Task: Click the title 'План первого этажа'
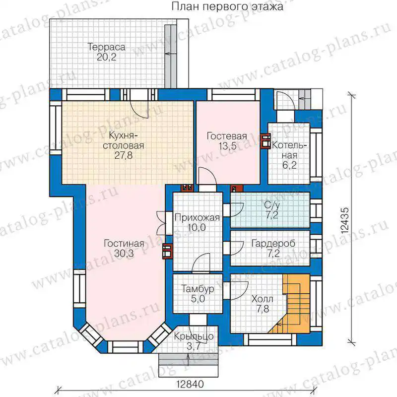click(x=227, y=6)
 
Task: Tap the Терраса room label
click(x=106, y=47)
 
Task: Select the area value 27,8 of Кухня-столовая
click(x=123, y=155)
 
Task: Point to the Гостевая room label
click(x=227, y=136)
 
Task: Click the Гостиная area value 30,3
click(x=124, y=253)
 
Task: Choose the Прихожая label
click(x=197, y=218)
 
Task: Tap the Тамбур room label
click(x=198, y=289)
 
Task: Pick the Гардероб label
click(x=273, y=244)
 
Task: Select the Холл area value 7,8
click(x=263, y=309)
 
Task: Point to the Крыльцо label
click(x=194, y=336)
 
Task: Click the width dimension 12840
click(x=190, y=384)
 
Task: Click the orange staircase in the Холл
click(x=294, y=303)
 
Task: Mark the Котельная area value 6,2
click(x=289, y=165)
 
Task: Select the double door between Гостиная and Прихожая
click(x=162, y=223)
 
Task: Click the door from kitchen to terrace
click(x=138, y=109)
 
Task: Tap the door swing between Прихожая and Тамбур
click(x=201, y=264)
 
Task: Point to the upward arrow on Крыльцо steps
click(x=188, y=360)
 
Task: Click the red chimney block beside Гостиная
click(x=167, y=252)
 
